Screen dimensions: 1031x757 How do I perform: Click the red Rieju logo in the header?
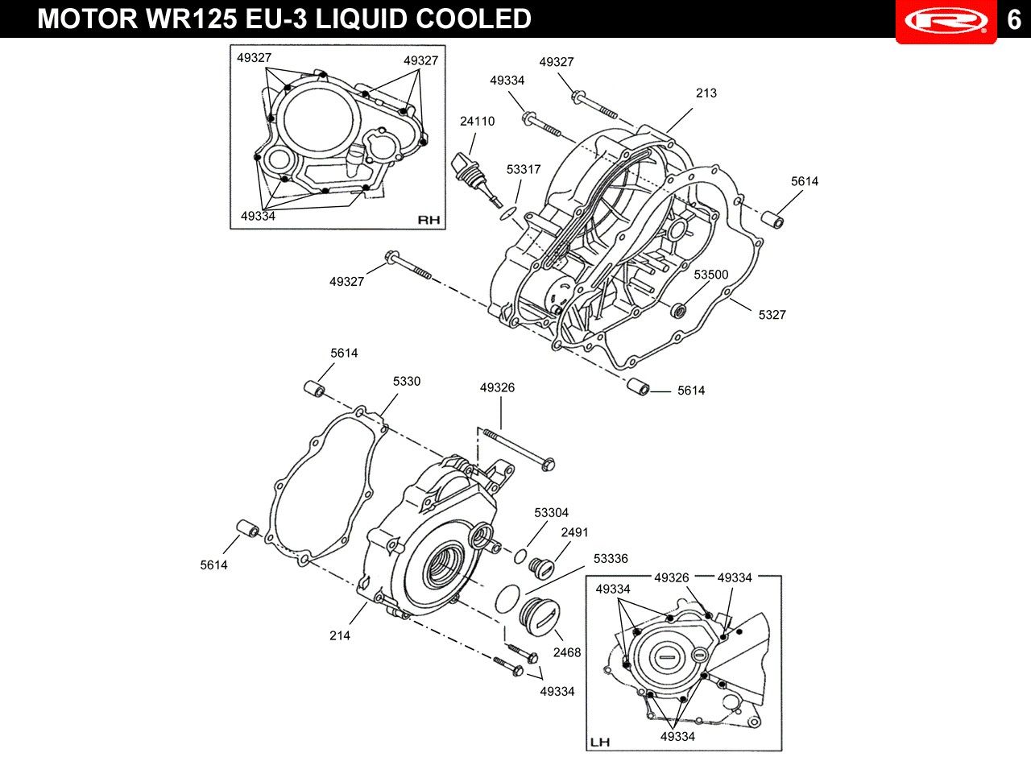[x=946, y=21]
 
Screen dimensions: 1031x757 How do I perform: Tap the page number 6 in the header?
[x=1014, y=20]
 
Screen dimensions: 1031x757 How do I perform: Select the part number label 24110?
[x=478, y=121]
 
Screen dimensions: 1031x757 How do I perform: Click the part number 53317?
[x=524, y=169]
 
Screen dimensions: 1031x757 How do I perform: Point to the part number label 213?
[x=706, y=93]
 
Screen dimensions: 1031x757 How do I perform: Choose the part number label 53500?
[x=711, y=275]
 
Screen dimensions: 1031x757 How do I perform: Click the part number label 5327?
[x=772, y=315]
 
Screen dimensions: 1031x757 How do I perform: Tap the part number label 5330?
[x=407, y=381]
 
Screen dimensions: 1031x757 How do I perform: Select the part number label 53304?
[x=552, y=512]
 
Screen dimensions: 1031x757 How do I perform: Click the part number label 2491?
[x=574, y=532]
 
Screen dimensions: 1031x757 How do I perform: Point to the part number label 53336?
[x=611, y=558]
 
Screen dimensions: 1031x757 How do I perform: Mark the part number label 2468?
[x=567, y=652]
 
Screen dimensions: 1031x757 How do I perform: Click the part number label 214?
[x=340, y=635]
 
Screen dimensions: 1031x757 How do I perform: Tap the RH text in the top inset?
[x=429, y=220]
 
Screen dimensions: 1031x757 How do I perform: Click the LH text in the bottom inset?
[x=600, y=742]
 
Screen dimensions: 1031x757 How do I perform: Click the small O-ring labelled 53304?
[x=520, y=556]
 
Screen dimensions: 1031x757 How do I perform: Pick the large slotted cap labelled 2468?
[x=540, y=617]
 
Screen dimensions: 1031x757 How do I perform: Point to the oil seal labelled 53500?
[x=678, y=311]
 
